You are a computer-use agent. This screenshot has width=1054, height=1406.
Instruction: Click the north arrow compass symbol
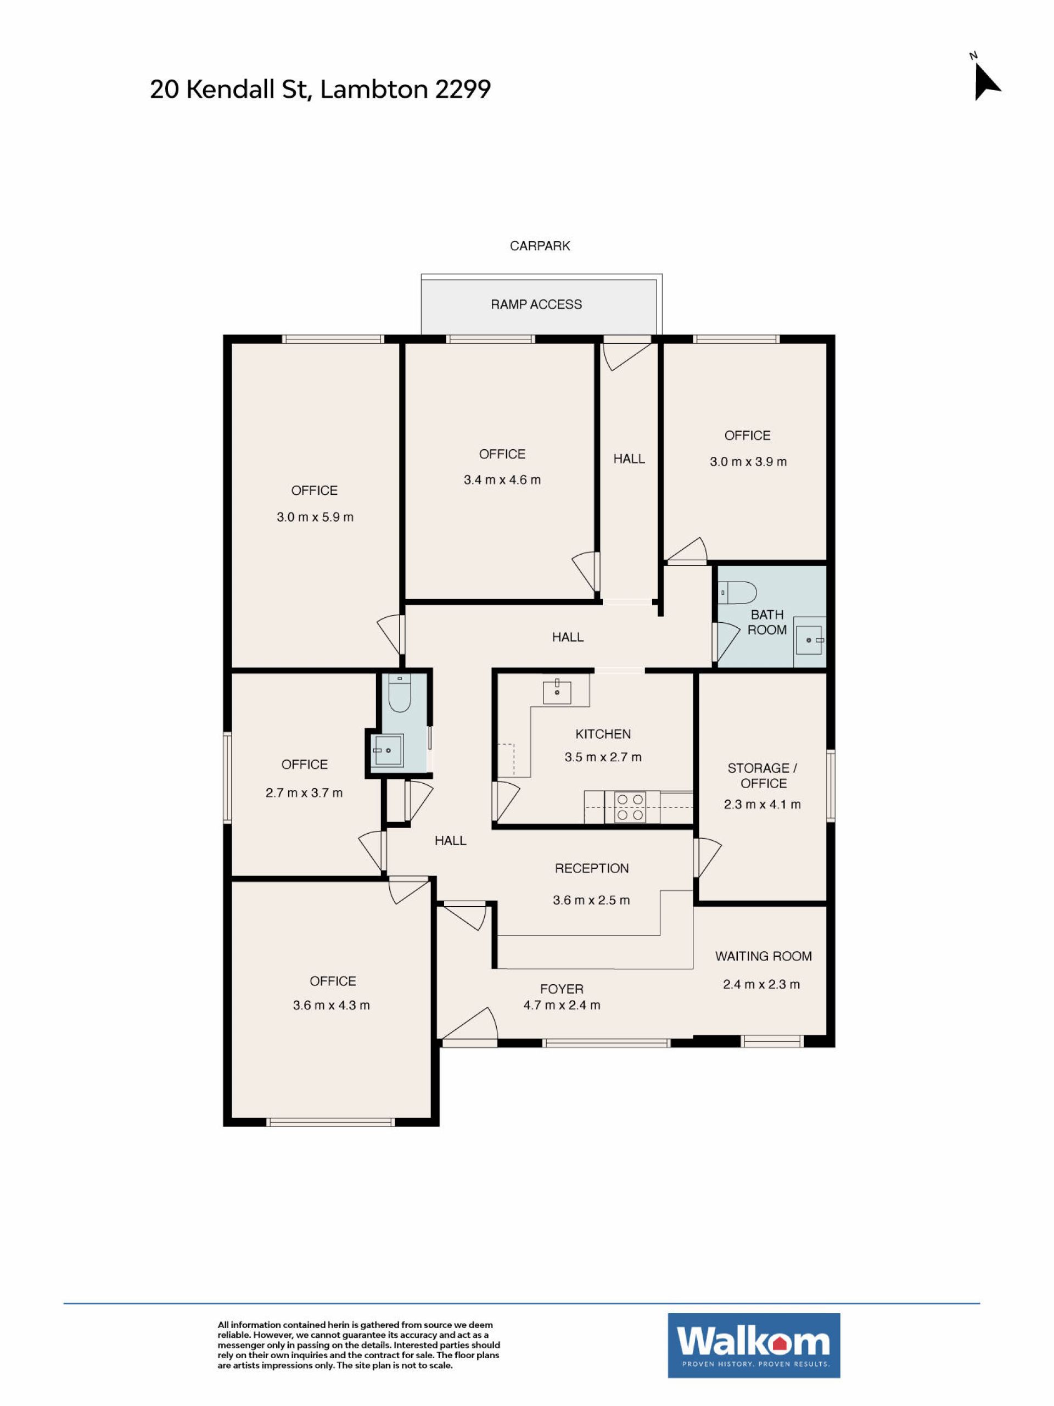tap(985, 80)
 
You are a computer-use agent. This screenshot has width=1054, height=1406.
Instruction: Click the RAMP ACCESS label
tap(536, 304)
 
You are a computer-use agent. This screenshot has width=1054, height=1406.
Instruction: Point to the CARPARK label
tap(540, 246)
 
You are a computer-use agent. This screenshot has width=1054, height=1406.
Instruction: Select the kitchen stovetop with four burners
tap(630, 807)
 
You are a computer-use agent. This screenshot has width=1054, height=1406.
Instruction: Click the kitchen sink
tap(557, 691)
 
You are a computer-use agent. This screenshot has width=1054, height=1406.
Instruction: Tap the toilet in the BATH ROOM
tap(737, 593)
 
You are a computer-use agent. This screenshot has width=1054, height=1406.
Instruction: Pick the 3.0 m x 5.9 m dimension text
tap(315, 517)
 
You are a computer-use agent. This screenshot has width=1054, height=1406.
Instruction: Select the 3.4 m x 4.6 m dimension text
tap(502, 480)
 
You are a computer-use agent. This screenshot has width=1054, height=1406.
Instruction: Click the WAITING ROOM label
tap(763, 956)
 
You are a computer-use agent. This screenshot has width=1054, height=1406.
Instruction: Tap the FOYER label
tap(562, 989)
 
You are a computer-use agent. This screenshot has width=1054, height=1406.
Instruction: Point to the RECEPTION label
tap(591, 868)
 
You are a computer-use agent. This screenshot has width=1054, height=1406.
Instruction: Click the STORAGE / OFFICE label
tap(763, 775)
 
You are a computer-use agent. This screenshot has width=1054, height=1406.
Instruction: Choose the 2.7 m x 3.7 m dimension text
tap(304, 793)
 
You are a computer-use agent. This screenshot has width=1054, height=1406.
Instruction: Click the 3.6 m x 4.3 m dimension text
tap(331, 1005)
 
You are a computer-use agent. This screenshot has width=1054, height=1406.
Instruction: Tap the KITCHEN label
tap(603, 734)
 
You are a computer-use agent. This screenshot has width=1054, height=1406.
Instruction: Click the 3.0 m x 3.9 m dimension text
tap(748, 462)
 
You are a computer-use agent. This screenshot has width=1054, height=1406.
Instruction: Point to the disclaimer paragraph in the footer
tap(359, 1345)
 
